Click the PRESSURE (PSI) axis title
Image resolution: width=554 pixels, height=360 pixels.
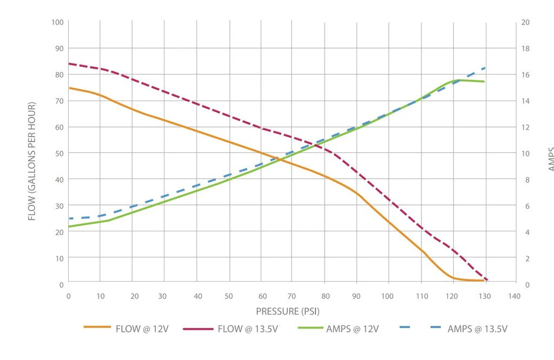click(291, 311)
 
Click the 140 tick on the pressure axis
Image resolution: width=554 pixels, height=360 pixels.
click(514, 296)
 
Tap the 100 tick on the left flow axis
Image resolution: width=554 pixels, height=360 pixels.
click(57, 22)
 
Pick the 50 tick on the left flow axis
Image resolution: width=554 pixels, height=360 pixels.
click(59, 154)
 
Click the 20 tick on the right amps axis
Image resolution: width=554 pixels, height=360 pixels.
click(525, 22)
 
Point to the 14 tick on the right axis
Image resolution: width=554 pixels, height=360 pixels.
click(525, 101)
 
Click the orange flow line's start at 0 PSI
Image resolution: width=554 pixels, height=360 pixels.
click(69, 88)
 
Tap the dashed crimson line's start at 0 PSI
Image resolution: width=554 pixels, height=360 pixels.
click(69, 64)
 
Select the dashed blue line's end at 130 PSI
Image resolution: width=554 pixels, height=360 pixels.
click(485, 68)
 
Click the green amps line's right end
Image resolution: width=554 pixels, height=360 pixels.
click(484, 82)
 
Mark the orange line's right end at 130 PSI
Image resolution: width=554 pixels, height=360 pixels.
click(483, 281)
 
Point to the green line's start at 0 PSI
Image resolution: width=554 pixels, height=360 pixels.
click(69, 226)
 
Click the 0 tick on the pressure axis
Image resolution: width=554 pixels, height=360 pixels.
click(68, 296)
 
